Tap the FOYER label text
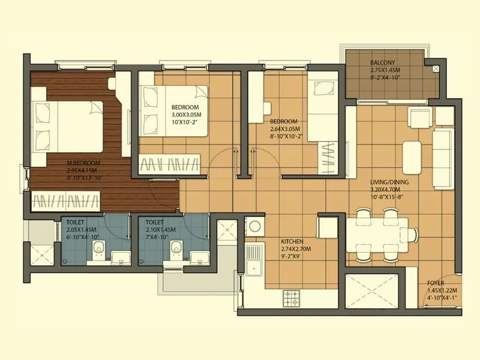tap(436, 283)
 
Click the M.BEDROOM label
tap(83, 163)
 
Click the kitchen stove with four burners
tap(292, 296)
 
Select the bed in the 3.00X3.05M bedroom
tap(173, 110)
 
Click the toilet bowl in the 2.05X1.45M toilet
tap(101, 248)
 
